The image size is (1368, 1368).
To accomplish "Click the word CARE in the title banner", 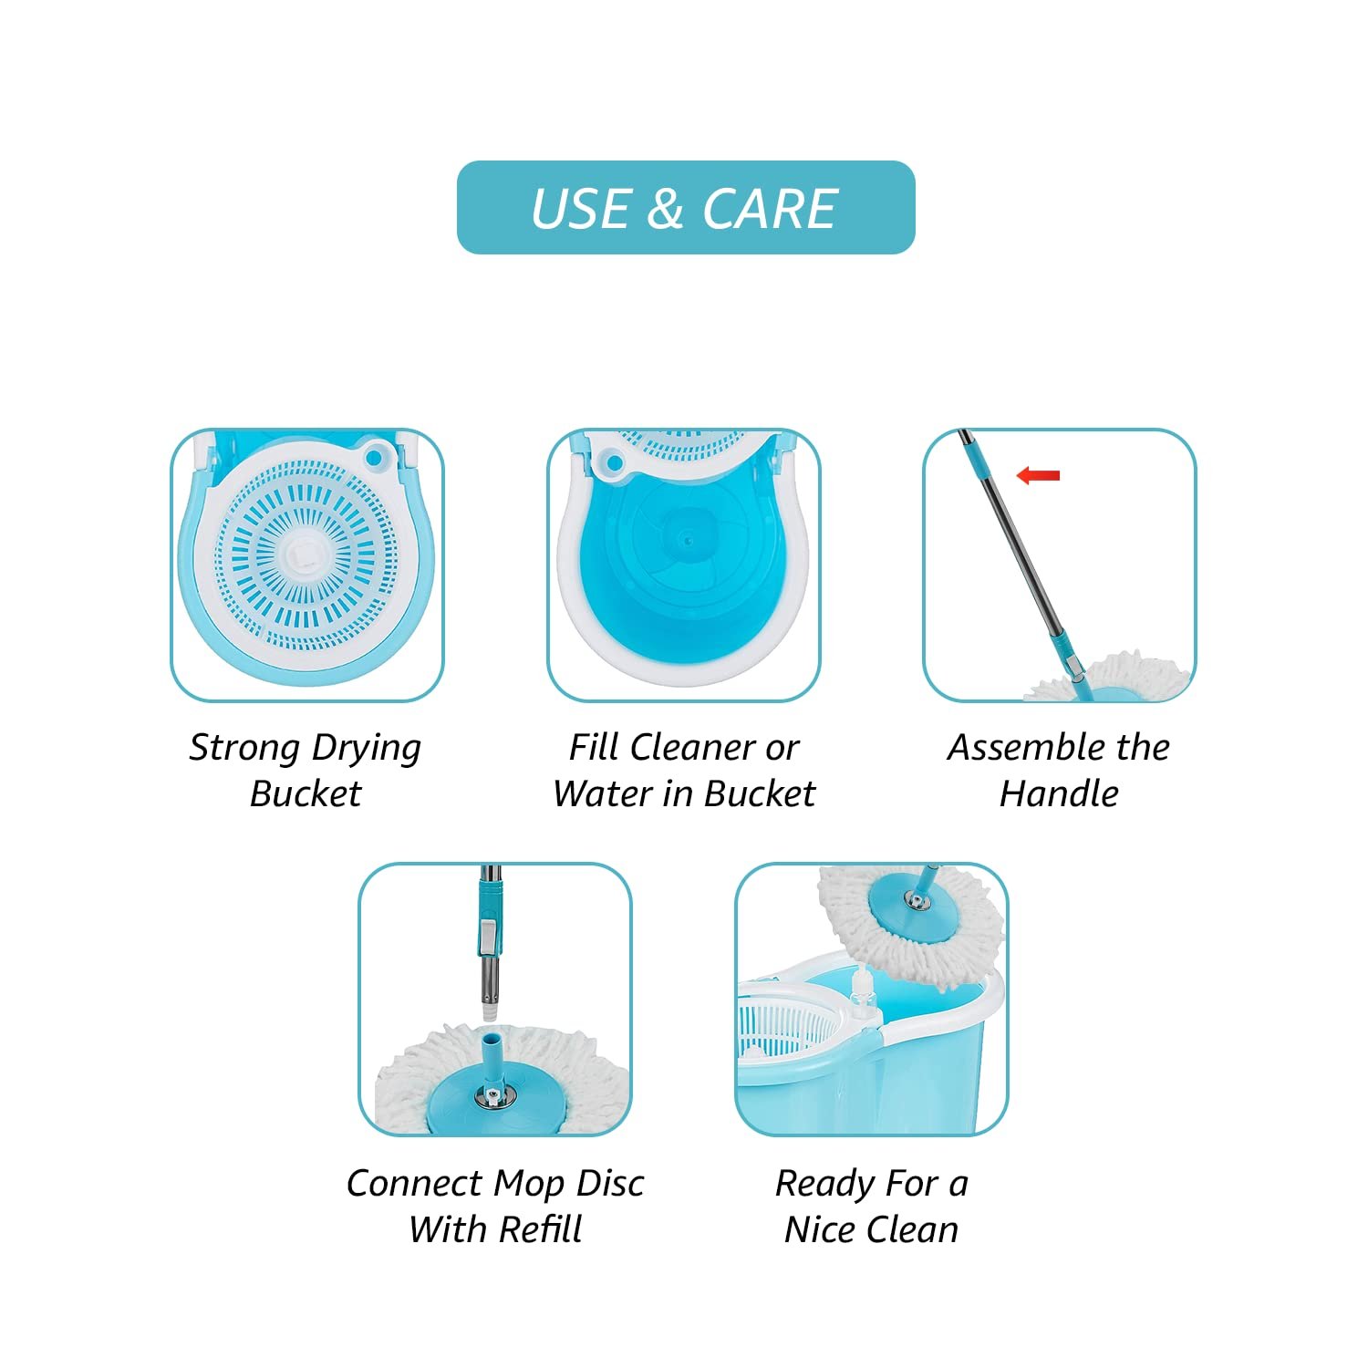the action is (x=770, y=209).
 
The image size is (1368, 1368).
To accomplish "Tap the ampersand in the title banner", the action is (x=666, y=209).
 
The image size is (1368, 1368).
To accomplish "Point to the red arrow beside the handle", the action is (x=1038, y=475).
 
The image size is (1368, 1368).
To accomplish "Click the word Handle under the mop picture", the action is (x=1059, y=793).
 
